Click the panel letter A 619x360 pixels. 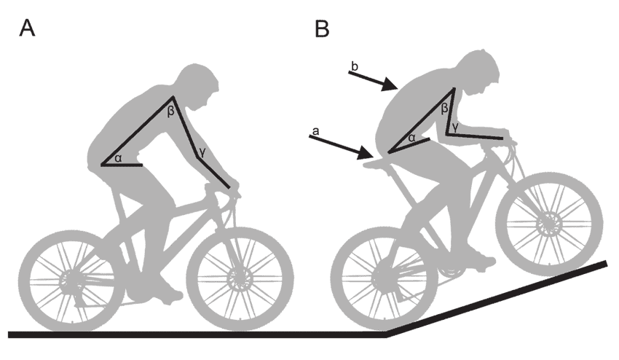[x=27, y=28]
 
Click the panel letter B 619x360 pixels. [x=322, y=28]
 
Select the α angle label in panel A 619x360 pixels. [x=118, y=159]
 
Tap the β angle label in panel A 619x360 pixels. [x=170, y=111]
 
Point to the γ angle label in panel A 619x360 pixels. [x=202, y=152]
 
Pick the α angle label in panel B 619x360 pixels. [x=411, y=138]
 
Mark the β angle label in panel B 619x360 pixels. [x=444, y=108]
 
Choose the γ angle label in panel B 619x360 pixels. [x=456, y=127]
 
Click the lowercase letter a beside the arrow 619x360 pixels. [x=315, y=130]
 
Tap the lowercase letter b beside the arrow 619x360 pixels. [x=355, y=66]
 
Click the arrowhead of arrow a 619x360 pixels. [x=366, y=152]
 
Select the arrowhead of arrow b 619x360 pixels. [x=390, y=85]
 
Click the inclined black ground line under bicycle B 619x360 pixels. [x=497, y=300]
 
